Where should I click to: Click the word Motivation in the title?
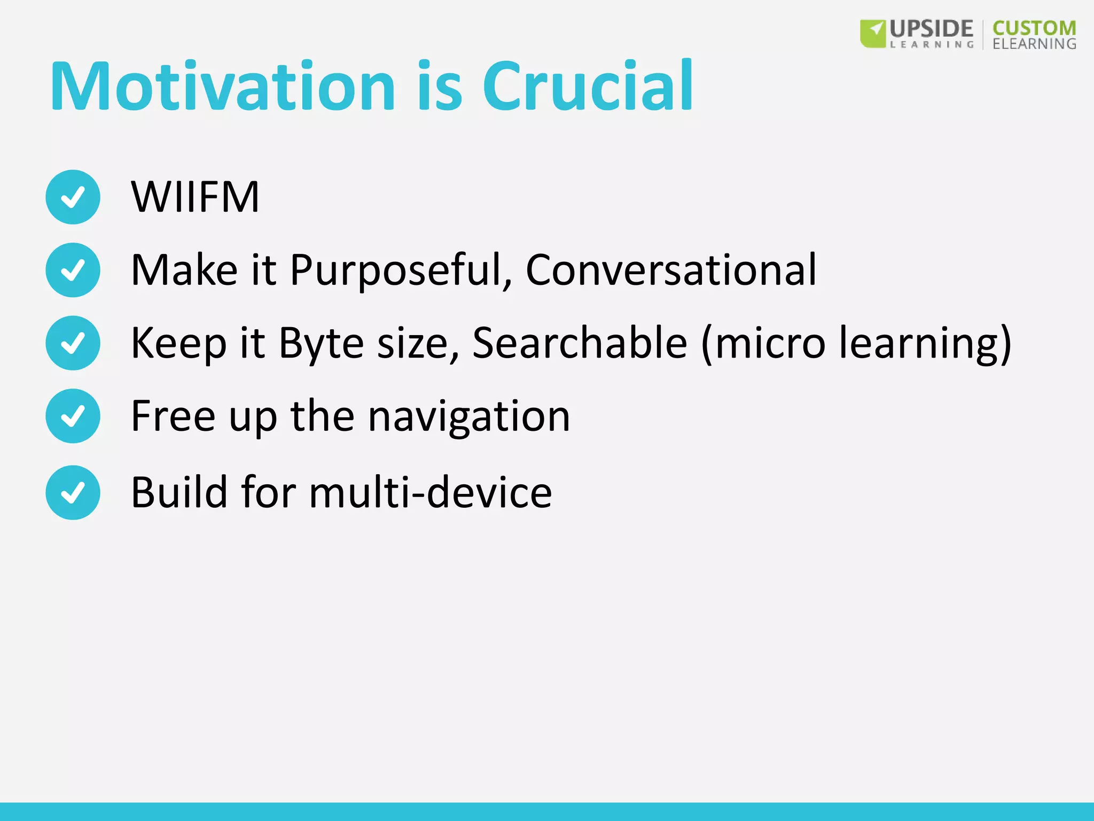click(x=223, y=87)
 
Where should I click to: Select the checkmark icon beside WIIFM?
click(x=73, y=197)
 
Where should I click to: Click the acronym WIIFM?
click(x=195, y=197)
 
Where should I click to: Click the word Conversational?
click(x=671, y=270)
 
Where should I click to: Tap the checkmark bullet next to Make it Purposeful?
click(x=73, y=270)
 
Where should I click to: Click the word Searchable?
click(x=580, y=343)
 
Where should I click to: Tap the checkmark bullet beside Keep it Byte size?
click(x=73, y=343)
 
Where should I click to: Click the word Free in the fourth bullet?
click(x=173, y=416)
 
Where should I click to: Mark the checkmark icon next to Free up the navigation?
click(x=73, y=416)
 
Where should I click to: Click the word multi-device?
click(x=430, y=492)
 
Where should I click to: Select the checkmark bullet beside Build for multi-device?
click(x=73, y=492)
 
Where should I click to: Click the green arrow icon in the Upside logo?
click(x=873, y=34)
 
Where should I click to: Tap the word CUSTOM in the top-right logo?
click(x=1034, y=28)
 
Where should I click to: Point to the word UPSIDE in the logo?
click(x=931, y=28)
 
